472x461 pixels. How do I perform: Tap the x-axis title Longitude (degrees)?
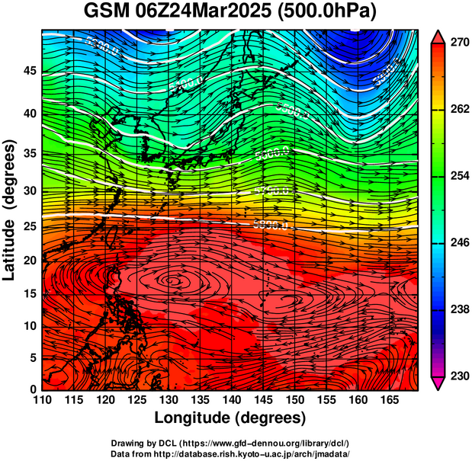(230, 418)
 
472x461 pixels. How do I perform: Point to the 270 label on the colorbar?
(460, 43)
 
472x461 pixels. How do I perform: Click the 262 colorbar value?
(460, 110)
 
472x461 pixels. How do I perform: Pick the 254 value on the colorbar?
(460, 176)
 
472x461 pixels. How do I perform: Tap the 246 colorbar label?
(460, 243)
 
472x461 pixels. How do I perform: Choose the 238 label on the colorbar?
(460, 309)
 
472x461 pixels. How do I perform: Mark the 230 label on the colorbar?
(460, 376)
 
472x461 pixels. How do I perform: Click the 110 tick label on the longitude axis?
(42, 400)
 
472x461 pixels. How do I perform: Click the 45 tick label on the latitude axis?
(29, 71)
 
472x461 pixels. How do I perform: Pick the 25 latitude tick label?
(29, 226)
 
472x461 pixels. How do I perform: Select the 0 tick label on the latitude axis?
(33, 389)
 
